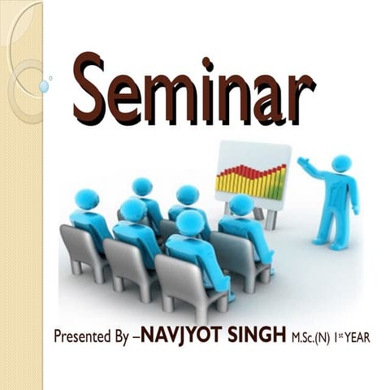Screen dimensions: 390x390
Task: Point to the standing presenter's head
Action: (x=342, y=163)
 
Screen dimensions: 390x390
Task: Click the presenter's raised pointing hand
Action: (x=301, y=162)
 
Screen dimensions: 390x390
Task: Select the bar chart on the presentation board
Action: (x=251, y=180)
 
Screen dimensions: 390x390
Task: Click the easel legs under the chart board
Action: (x=265, y=215)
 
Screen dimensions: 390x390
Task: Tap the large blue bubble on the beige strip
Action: (x=43, y=86)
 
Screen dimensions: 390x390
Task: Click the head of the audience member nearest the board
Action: (x=240, y=204)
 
